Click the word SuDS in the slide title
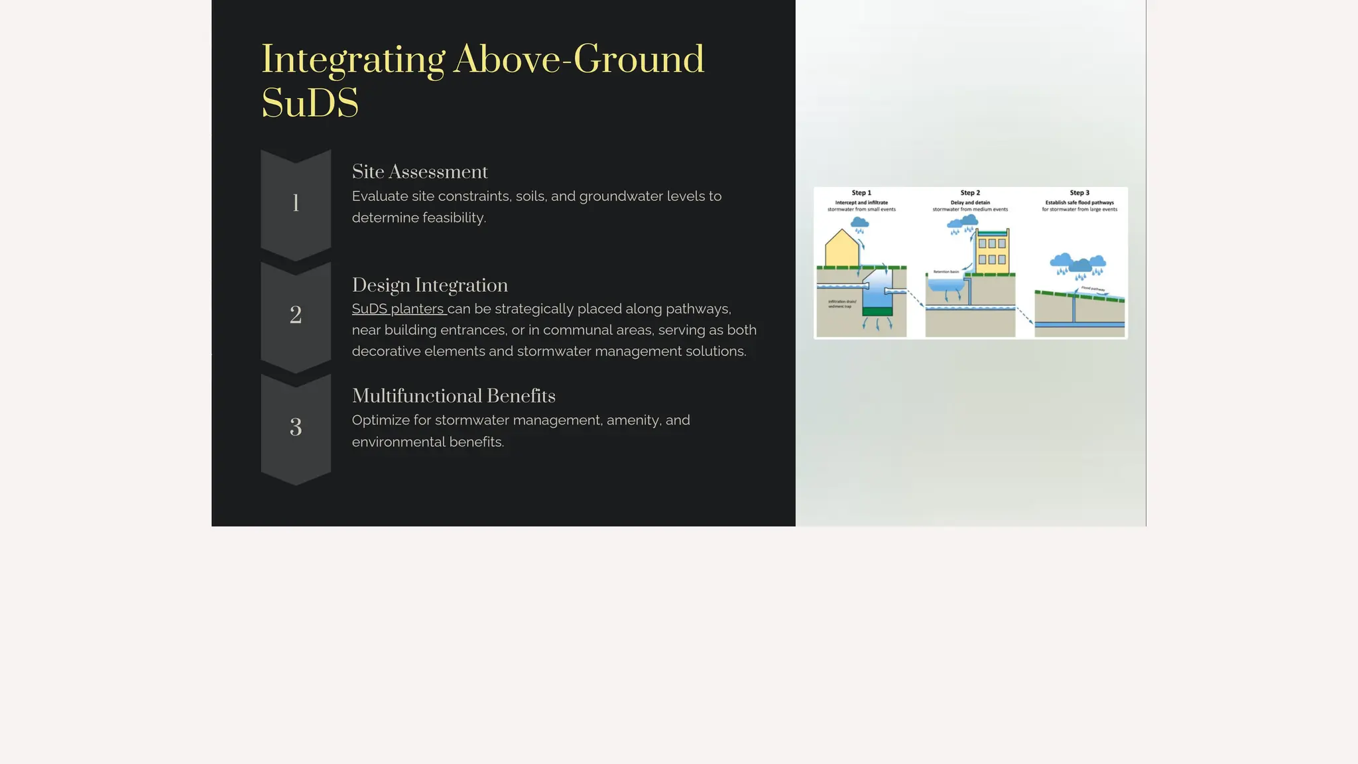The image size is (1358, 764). click(x=310, y=103)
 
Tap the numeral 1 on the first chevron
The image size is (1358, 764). click(x=296, y=203)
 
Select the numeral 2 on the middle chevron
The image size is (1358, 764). click(x=296, y=315)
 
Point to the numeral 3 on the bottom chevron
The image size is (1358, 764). click(x=296, y=427)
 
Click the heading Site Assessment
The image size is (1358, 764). click(x=419, y=172)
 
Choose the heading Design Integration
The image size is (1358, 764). click(x=430, y=285)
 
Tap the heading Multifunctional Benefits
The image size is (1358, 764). click(x=454, y=396)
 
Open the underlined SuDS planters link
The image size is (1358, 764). click(x=398, y=309)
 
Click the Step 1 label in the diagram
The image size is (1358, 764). click(x=861, y=193)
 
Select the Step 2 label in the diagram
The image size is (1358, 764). click(x=970, y=193)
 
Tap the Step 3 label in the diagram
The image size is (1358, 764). click(x=1080, y=193)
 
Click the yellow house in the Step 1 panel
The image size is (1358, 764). click(x=841, y=249)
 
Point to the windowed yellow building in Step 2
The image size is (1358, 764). click(x=992, y=251)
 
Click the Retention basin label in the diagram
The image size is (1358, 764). click(x=946, y=272)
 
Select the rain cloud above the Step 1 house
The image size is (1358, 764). click(x=860, y=223)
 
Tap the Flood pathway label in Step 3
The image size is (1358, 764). click(x=1093, y=288)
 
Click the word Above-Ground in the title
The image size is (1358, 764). click(x=578, y=60)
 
